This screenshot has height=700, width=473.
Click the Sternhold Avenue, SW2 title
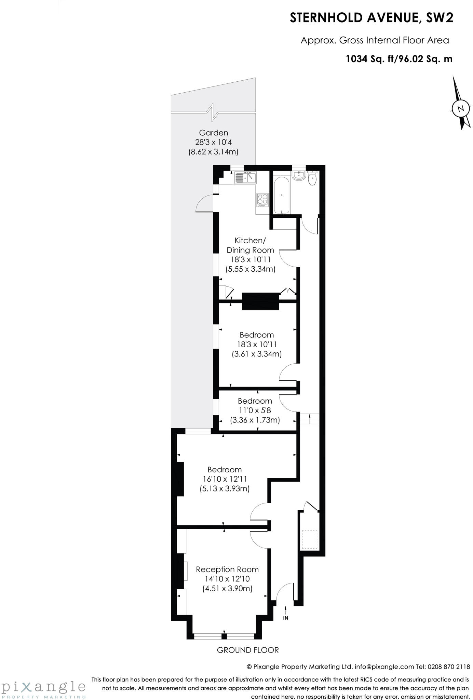pyautogui.click(x=371, y=18)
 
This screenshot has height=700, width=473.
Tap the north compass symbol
pyautogui.click(x=461, y=108)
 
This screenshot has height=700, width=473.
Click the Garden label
pyautogui.click(x=213, y=133)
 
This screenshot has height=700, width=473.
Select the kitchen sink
pyautogui.click(x=245, y=178)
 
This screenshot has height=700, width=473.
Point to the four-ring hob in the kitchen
pyautogui.click(x=262, y=200)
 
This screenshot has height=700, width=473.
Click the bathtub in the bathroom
pyautogui.click(x=282, y=195)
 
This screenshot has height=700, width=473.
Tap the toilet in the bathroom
pyautogui.click(x=312, y=178)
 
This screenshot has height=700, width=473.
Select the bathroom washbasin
pyautogui.click(x=298, y=175)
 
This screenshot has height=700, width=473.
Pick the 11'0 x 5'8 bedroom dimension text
pyautogui.click(x=255, y=410)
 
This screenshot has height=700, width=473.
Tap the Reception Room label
pyautogui.click(x=227, y=569)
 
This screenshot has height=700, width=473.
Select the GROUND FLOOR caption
pyautogui.click(x=248, y=650)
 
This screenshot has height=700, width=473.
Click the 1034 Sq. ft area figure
pyautogui.click(x=370, y=59)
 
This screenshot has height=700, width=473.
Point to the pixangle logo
pyautogui.click(x=43, y=688)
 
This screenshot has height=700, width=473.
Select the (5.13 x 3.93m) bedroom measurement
pyautogui.click(x=225, y=489)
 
